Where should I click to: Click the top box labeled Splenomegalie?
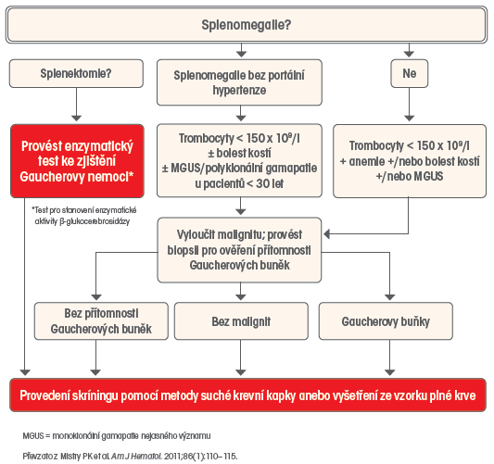[x=247, y=25]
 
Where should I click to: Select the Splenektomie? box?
[x=76, y=74]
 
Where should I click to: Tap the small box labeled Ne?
[x=410, y=74]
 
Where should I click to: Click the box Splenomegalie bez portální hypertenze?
[x=239, y=82]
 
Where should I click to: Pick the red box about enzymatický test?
[x=77, y=161]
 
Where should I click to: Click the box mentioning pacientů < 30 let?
[x=239, y=160]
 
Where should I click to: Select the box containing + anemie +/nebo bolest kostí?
[x=410, y=161]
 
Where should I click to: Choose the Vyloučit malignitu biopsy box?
[x=239, y=250]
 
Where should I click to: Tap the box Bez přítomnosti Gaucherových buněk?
[x=101, y=321]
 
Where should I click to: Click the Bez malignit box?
[x=241, y=321]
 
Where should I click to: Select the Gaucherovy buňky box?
[x=386, y=321]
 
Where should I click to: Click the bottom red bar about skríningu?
[x=248, y=395]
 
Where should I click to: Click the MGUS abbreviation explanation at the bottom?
[x=117, y=436]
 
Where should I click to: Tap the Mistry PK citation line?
[x=130, y=457]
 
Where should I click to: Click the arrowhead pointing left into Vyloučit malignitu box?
[x=327, y=234]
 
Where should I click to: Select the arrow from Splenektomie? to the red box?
[x=77, y=105]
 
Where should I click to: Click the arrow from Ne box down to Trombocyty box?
[x=410, y=105]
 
